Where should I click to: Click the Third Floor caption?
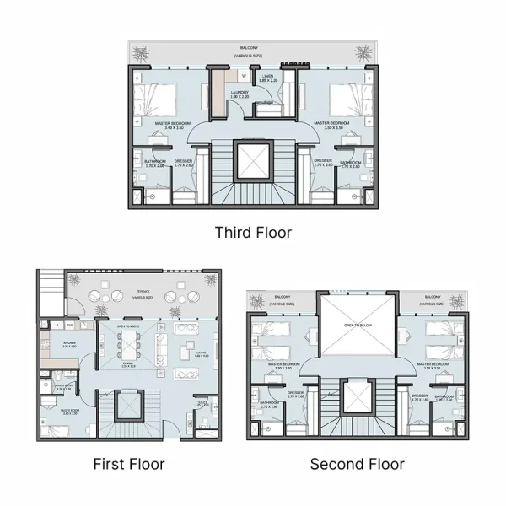point(253,232)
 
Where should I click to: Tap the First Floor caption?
point(128,464)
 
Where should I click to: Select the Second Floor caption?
point(357,464)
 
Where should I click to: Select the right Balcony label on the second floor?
point(433,298)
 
